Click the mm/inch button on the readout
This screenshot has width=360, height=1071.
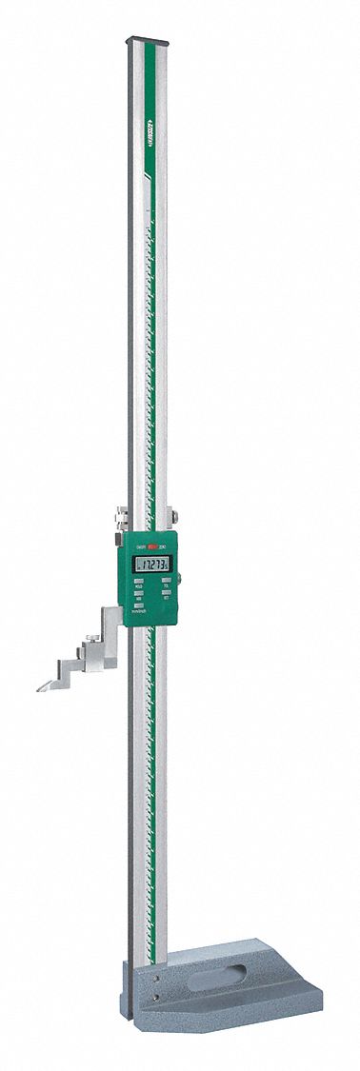coord(139,608)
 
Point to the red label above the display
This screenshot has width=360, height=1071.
coord(150,548)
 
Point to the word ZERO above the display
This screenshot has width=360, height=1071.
coord(165,548)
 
